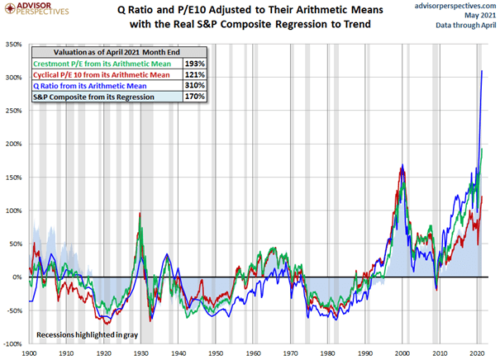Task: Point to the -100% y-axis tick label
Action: [13, 343]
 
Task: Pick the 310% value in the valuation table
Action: [191, 84]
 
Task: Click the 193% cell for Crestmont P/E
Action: [191, 63]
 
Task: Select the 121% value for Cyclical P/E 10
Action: [191, 73]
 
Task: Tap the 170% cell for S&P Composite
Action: [191, 95]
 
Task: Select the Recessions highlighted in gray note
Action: [86, 334]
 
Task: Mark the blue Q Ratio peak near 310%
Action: [482, 72]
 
